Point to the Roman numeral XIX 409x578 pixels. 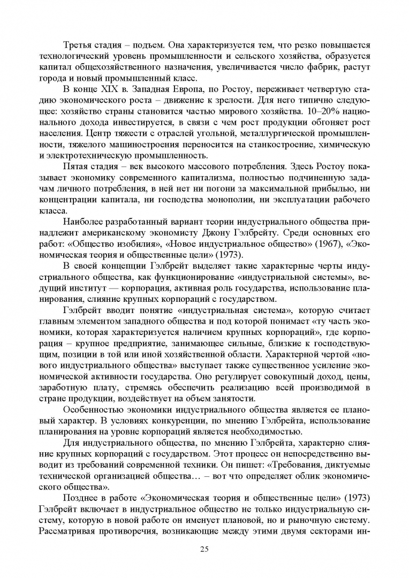coord(108,89)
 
